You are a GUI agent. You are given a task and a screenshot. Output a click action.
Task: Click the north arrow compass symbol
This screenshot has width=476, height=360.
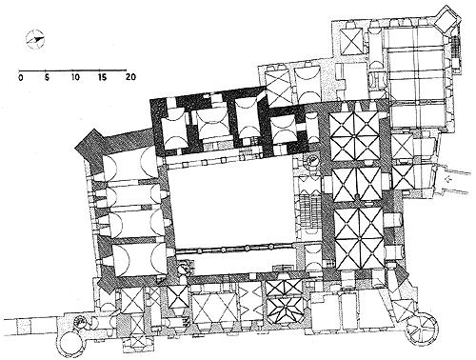click(x=35, y=40)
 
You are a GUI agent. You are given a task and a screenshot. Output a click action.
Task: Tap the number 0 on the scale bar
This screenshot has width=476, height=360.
click(x=21, y=77)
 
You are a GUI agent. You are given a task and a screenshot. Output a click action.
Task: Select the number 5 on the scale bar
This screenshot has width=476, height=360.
click(x=47, y=77)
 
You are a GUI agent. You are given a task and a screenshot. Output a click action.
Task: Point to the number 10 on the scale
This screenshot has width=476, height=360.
click(x=75, y=77)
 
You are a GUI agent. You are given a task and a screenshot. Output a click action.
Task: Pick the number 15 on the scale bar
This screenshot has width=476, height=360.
click(x=103, y=77)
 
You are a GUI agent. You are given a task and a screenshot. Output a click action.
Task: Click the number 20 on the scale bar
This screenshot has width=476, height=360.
click(x=130, y=77)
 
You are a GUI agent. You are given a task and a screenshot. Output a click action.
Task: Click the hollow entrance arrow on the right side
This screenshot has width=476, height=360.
click(x=448, y=180)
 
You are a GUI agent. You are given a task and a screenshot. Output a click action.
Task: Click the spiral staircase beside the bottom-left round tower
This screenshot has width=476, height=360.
click(x=78, y=322)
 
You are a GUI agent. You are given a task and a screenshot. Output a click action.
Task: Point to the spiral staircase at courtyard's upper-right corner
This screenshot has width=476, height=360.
click(x=312, y=159)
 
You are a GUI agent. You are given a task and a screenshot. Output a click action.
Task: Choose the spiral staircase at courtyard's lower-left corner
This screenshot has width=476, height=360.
click(x=185, y=269)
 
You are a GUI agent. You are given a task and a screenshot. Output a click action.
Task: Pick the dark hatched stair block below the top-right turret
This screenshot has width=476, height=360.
click(x=455, y=47)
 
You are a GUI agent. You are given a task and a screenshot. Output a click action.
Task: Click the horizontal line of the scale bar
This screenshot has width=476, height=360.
click(x=72, y=70)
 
